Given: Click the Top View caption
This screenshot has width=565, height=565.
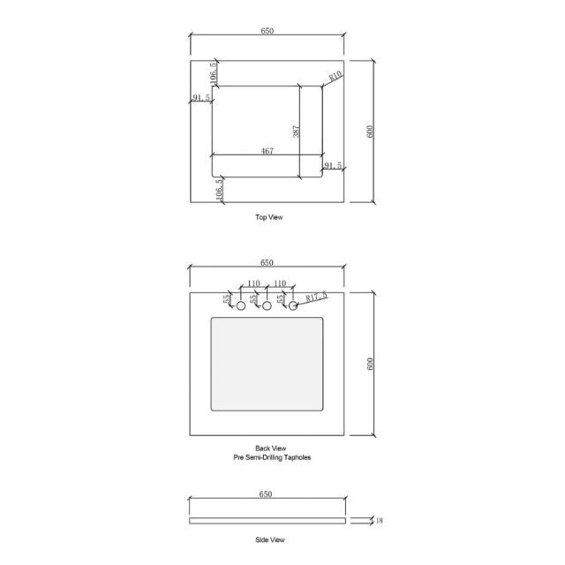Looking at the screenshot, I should coord(268,217).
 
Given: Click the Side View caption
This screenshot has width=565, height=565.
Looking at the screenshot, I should coord(268,539).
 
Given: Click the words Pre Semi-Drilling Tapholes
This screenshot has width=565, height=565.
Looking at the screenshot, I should coord(268,458).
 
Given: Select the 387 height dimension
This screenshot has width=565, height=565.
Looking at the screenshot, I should coord(298,131).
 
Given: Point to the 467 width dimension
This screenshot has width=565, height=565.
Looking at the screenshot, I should coord(267,152).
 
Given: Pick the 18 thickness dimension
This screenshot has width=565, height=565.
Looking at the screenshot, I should coord(379,521).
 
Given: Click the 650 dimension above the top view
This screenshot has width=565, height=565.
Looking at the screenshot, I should coord(267,31).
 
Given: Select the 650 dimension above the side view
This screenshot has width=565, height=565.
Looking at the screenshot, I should coord(266,495).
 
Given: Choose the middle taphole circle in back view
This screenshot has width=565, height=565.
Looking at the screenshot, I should coord(267,306).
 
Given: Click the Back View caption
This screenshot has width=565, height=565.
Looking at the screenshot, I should coord(268,448).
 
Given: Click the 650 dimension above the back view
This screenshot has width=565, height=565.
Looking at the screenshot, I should coord(267,262).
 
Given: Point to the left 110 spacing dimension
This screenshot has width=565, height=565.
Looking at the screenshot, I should coord(254,283).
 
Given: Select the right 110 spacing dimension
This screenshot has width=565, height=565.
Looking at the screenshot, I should coord(281,283).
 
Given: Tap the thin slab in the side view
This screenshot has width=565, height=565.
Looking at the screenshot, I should coord(267,521).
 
